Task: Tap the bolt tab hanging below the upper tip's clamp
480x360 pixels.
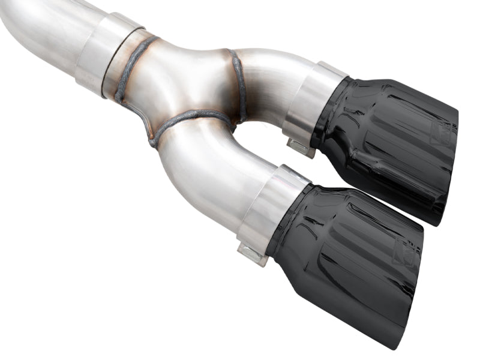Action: coord(300,147)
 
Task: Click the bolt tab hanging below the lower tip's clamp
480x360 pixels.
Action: coord(252,252)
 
